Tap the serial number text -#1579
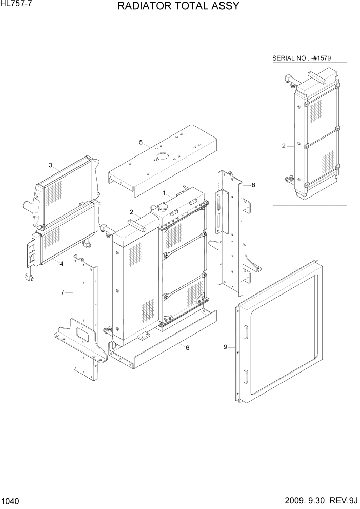point(320,58)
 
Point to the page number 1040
point(11,500)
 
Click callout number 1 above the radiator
point(164,193)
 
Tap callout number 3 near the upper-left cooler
point(51,165)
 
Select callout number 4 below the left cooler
point(61,264)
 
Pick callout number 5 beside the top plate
point(140,142)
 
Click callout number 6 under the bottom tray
point(188,348)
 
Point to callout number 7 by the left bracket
point(63,292)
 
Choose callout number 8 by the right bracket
point(253,184)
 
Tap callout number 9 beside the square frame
point(225,347)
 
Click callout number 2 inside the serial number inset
point(284,146)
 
